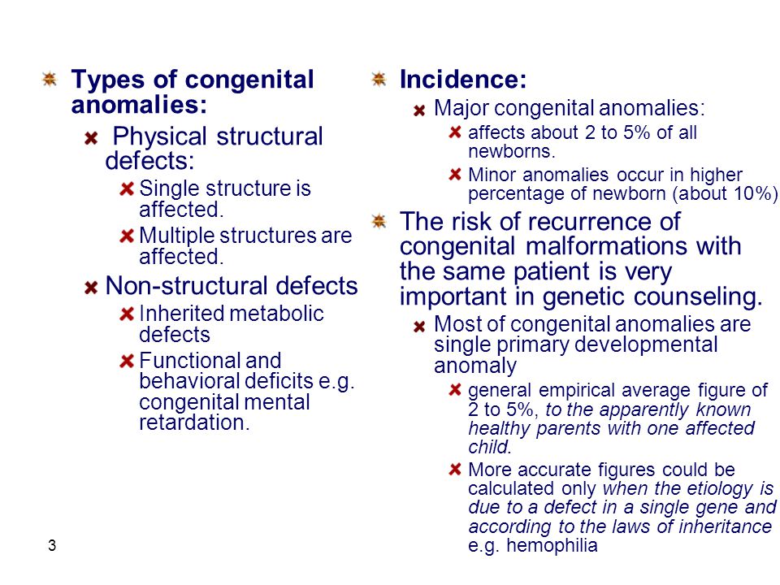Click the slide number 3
pyautogui.click(x=52, y=546)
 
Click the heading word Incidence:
pyautogui.click(x=463, y=80)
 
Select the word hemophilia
pyautogui.click(x=552, y=545)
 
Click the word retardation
pyautogui.click(x=194, y=422)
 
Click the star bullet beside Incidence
pyautogui.click(x=379, y=79)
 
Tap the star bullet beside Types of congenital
pyautogui.click(x=50, y=79)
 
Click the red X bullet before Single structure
pyautogui.click(x=127, y=189)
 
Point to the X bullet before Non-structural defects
pyautogui.click(x=91, y=288)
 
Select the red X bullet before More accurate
pyautogui.click(x=455, y=469)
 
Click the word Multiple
pyautogui.click(x=176, y=236)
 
